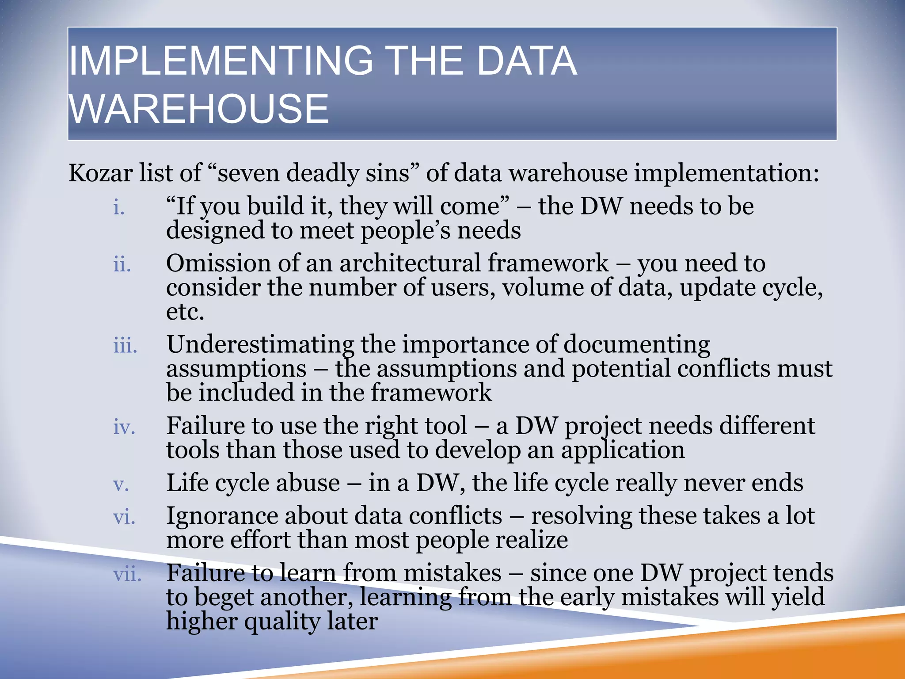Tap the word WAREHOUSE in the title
(199, 109)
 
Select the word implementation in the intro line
(726, 173)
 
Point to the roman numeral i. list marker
(119, 207)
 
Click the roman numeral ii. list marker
(122, 264)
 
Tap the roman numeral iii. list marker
(125, 345)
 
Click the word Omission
(218, 263)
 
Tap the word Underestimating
(260, 345)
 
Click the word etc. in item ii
(185, 312)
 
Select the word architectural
(410, 263)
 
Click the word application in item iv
(623, 451)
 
